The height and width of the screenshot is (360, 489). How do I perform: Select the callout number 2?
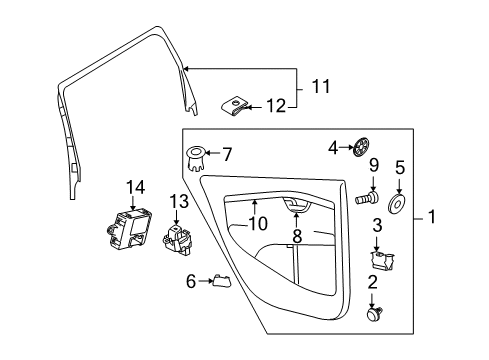coord(374,283)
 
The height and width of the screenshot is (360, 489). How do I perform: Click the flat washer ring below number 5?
coord(399,204)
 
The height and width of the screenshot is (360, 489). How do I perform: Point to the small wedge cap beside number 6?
coord(222,282)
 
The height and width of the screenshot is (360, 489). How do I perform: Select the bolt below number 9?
coord(367,199)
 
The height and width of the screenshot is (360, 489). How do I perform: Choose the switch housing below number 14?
coord(126,231)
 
